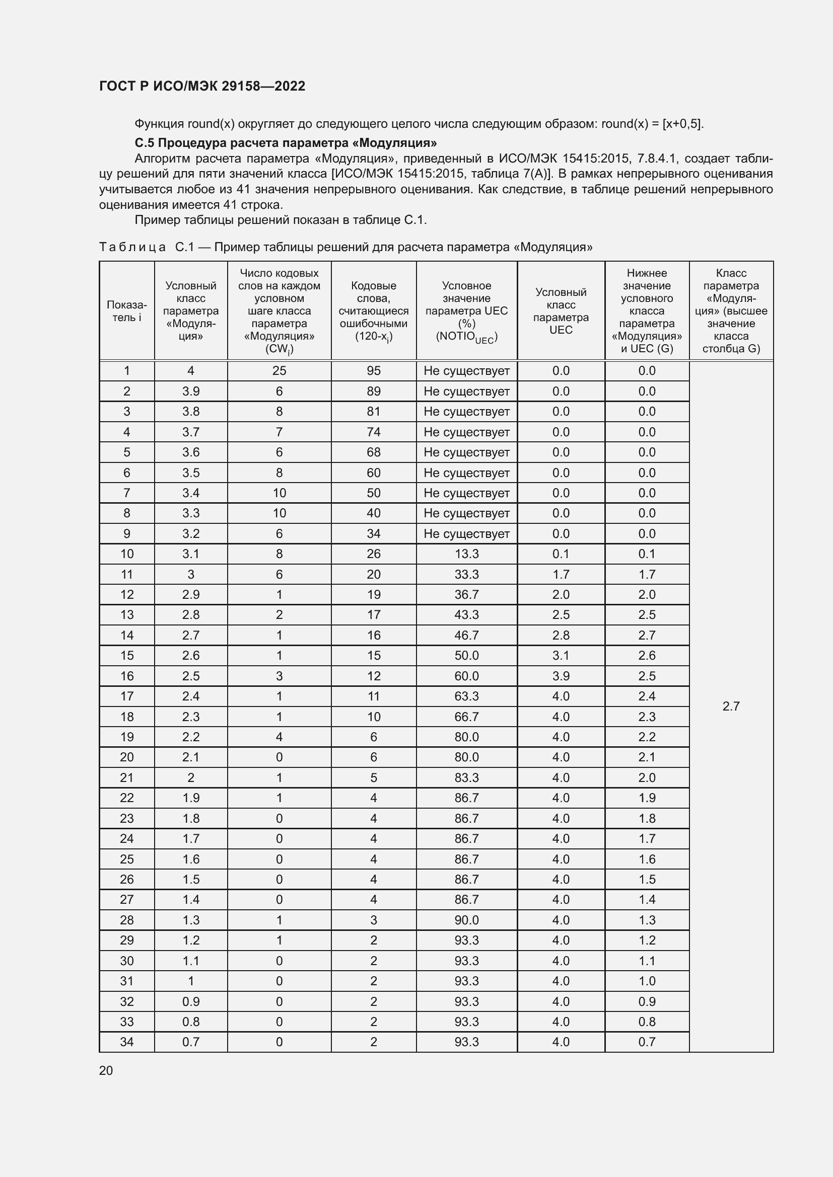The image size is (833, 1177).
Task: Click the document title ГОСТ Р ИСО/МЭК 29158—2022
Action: point(202,86)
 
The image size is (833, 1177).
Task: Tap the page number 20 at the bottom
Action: point(106,1070)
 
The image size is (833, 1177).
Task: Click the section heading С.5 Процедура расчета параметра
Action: point(286,142)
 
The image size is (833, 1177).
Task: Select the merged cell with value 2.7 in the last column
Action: point(730,707)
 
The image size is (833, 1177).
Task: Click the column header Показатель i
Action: point(127,310)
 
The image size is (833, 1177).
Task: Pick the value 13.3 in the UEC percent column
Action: point(466,554)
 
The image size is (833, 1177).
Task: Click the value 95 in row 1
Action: point(373,371)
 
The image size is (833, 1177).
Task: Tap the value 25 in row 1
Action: point(279,371)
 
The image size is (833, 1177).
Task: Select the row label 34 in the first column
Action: point(127,1042)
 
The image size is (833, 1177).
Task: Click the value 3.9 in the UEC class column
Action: point(561,676)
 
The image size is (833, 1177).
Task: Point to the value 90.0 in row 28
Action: point(466,920)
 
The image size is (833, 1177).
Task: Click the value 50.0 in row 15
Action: point(466,655)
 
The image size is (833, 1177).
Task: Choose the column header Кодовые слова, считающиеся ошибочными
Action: point(373,310)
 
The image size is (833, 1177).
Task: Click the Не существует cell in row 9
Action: point(466,533)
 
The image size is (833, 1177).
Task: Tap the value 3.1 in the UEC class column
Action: point(561,655)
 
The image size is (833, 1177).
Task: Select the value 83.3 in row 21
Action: point(466,777)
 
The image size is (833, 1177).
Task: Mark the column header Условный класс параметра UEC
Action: point(561,310)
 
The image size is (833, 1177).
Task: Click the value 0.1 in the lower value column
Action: point(646,554)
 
